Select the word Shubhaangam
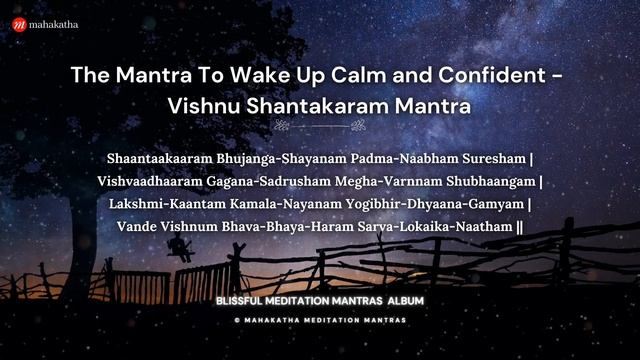(489, 181)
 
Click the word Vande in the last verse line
(138, 227)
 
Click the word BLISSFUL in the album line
(245, 301)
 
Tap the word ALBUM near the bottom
(404, 301)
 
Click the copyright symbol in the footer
(236, 320)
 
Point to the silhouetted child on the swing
(184, 250)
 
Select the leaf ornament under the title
(320, 127)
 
